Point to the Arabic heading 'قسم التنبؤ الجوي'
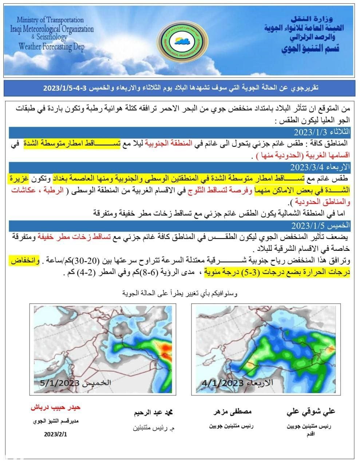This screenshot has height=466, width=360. click(x=308, y=48)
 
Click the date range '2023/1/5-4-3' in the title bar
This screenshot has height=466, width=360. click(x=65, y=88)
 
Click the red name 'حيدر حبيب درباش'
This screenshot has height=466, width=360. click(x=55, y=407)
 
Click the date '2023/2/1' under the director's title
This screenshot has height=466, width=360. click(x=56, y=434)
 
